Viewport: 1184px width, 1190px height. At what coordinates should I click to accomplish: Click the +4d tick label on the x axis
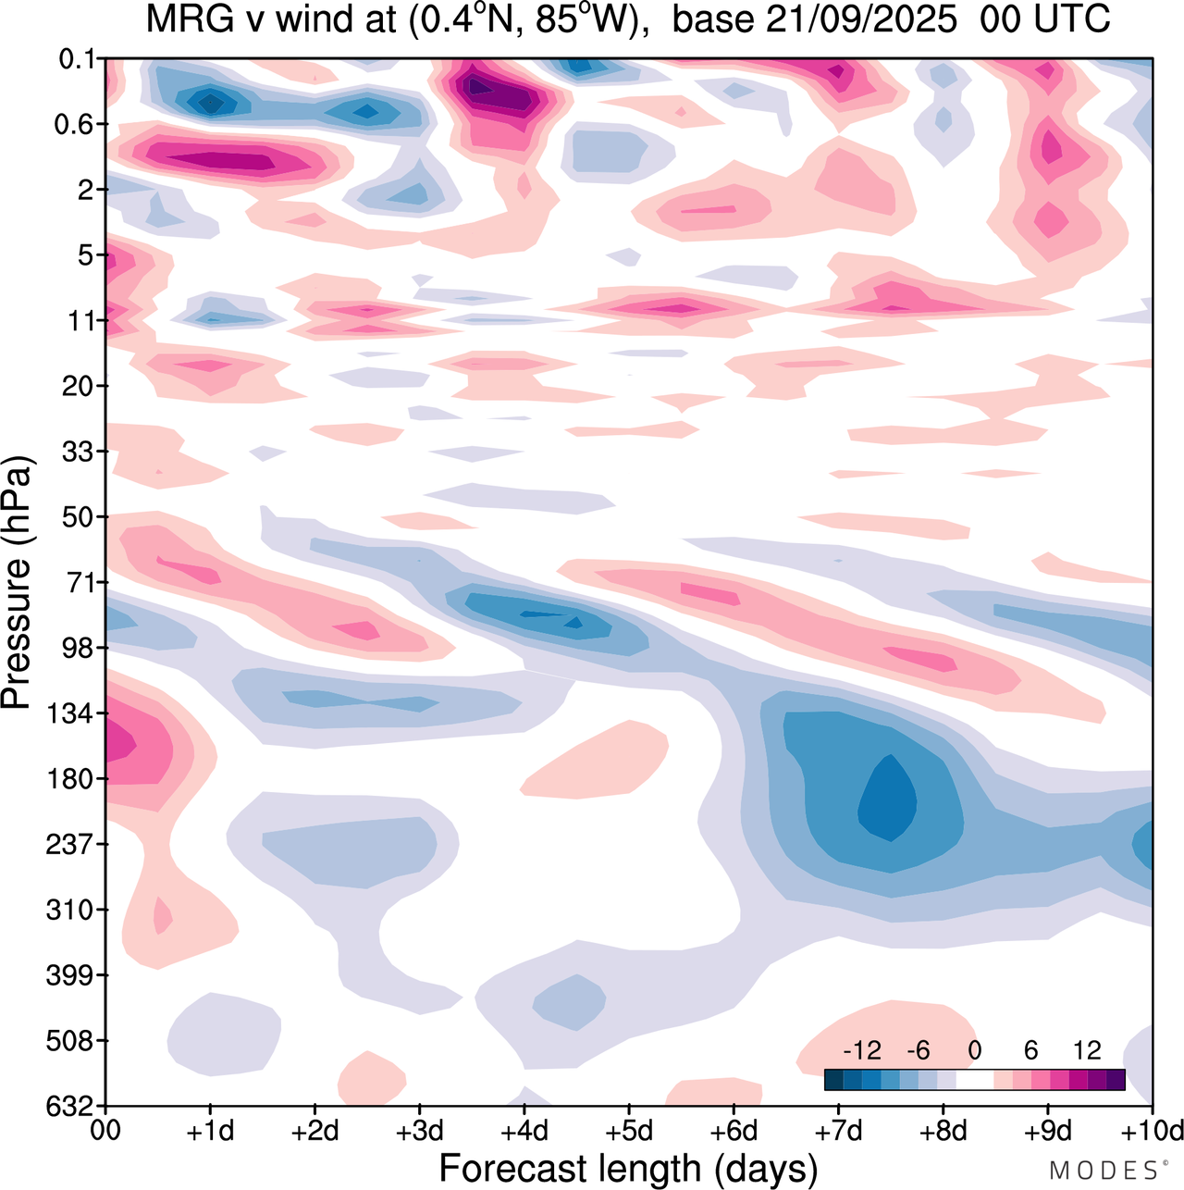pyautogui.click(x=524, y=1131)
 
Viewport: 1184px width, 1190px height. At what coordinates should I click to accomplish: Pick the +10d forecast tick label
pyautogui.click(x=1152, y=1131)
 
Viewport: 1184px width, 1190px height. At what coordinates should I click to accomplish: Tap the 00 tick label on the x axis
pyautogui.click(x=106, y=1131)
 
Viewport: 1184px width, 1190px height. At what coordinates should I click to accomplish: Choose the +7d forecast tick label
pyautogui.click(x=838, y=1131)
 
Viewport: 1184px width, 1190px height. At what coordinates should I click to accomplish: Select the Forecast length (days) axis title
pyautogui.click(x=628, y=1168)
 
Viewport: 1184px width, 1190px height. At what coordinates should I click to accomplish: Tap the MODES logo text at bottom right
pyautogui.click(x=1106, y=1171)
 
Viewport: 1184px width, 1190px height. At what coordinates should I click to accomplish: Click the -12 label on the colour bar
pyautogui.click(x=862, y=1050)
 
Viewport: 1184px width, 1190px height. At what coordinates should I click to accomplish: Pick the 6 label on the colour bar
pyautogui.click(x=1030, y=1050)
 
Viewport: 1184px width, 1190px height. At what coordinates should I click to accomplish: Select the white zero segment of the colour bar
pyautogui.click(x=975, y=1079)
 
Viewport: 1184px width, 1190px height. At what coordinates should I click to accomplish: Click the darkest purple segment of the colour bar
pyautogui.click(x=1116, y=1079)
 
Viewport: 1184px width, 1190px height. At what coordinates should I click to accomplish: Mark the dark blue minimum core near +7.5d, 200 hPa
pyautogui.click(x=890, y=800)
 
